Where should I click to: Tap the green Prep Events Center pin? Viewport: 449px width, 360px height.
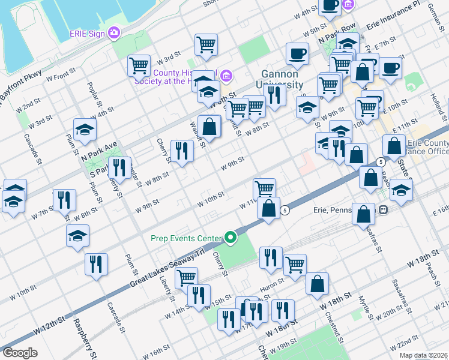click(231, 238)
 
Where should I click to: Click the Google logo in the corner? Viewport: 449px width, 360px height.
click(20, 353)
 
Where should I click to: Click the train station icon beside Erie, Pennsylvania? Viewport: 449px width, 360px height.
click(382, 210)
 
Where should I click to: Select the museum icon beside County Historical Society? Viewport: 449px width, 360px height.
click(226, 76)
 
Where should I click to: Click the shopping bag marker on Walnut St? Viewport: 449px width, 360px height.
click(209, 127)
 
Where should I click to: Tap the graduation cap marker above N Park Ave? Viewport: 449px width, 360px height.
click(85, 130)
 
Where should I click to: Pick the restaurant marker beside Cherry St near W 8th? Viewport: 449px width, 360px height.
click(181, 151)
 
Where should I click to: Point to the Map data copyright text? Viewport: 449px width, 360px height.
click(424, 355)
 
